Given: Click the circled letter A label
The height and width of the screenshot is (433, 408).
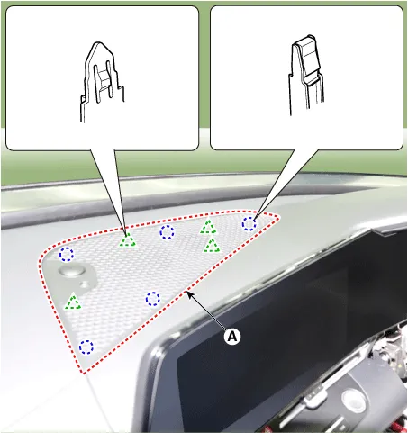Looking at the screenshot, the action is pyautogui.click(x=232, y=337).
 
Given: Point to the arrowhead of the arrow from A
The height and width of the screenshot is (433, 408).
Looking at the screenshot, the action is pyautogui.click(x=189, y=293).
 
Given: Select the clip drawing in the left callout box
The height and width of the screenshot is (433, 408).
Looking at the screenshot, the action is pyautogui.click(x=102, y=82).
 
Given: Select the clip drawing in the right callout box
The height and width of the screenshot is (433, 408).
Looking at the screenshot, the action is pyautogui.click(x=306, y=75).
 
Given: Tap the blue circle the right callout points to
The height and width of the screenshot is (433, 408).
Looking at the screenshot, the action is pyautogui.click(x=249, y=224).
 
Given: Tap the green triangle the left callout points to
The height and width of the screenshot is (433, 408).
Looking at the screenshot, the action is pyautogui.click(x=128, y=240).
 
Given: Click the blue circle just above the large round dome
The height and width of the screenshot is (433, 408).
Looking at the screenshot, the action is pyautogui.click(x=67, y=255).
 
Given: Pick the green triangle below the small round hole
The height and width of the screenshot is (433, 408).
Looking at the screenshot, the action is pyautogui.click(x=73, y=302).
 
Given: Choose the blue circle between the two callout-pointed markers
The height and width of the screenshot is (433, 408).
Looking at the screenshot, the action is pyautogui.click(x=167, y=232).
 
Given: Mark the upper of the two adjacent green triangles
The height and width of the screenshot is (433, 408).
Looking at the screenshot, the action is pyautogui.click(x=208, y=227).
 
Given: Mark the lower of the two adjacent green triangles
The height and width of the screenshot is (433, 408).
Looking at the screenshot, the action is pyautogui.click(x=213, y=245).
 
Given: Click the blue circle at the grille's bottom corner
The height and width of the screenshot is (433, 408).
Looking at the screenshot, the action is pyautogui.click(x=86, y=347).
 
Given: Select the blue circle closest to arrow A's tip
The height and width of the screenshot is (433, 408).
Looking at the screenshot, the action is pyautogui.click(x=153, y=299).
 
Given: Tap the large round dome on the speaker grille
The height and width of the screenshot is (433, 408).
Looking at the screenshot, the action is pyautogui.click(x=72, y=270).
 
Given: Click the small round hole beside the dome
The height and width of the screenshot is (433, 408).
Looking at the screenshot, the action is pyautogui.click(x=86, y=284).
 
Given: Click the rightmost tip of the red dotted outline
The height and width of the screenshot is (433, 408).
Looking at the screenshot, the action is pyautogui.click(x=279, y=219).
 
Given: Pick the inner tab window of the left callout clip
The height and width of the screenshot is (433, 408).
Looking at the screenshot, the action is pyautogui.click(x=104, y=80).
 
